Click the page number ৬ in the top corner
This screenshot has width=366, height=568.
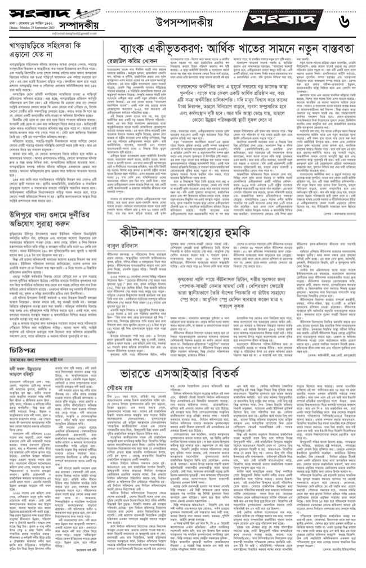click(x=345, y=21)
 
